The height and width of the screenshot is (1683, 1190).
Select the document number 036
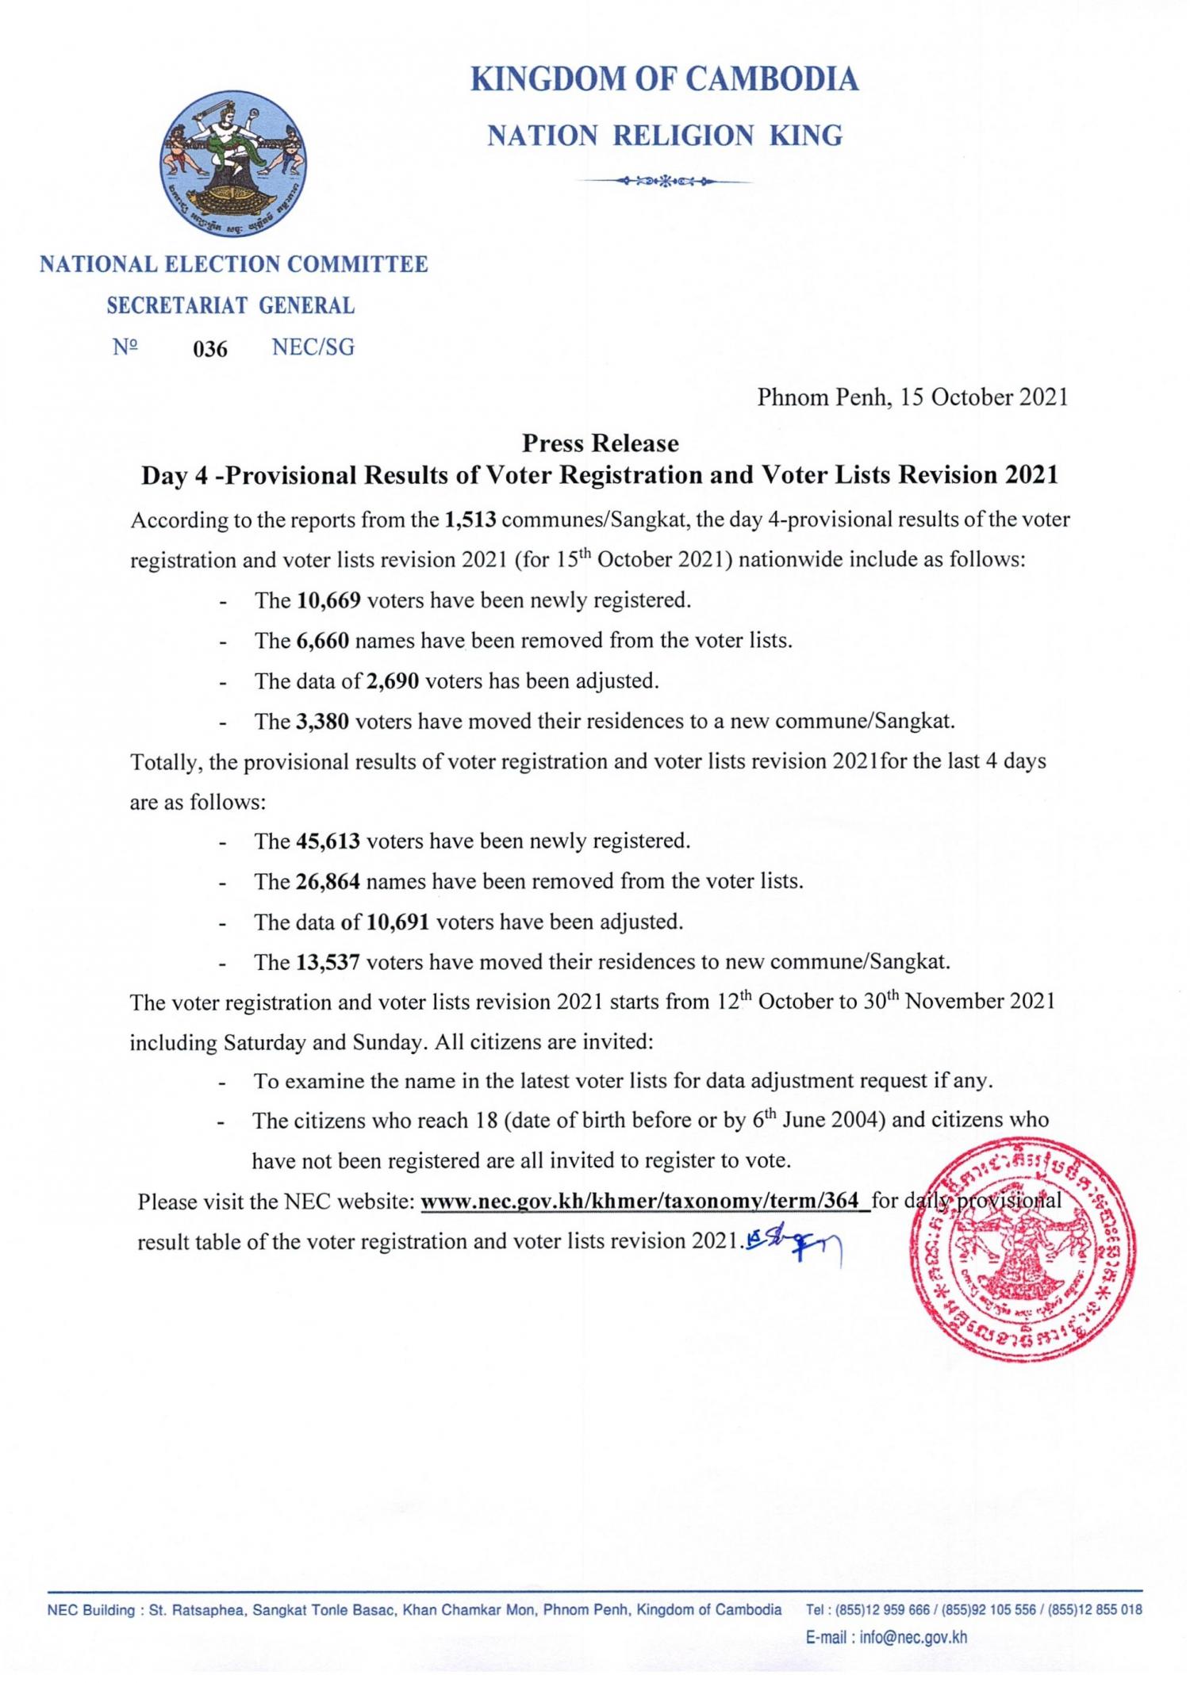210,349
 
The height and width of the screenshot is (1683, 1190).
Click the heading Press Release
600,443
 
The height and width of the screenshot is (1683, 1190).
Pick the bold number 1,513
470,520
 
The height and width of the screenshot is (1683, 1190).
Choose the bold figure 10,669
329,600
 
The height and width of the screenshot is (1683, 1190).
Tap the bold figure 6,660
323,641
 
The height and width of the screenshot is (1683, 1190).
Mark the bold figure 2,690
392,681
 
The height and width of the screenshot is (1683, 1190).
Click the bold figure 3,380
323,722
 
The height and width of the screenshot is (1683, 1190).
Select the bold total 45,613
329,841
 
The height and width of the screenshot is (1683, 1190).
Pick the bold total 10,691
397,922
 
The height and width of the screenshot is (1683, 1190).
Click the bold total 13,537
329,963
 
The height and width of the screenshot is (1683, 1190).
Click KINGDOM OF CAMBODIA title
664,79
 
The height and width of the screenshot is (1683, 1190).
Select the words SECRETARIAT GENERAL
231,306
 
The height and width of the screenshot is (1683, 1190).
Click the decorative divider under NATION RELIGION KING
664,182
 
